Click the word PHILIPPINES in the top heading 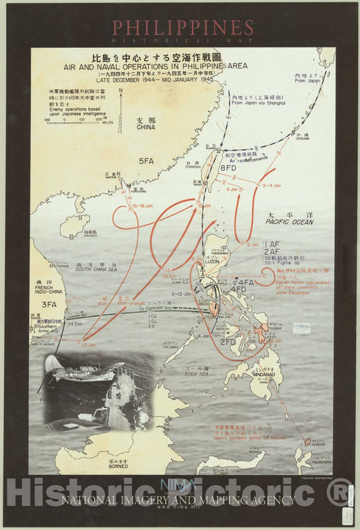click(182, 28)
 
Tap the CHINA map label click(145, 126)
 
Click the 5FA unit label click(147, 162)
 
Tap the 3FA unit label click(49, 305)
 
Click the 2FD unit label click(228, 342)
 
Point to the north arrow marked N click(120, 90)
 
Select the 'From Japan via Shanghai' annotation click(257, 103)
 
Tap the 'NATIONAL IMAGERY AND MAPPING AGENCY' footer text click(179, 500)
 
